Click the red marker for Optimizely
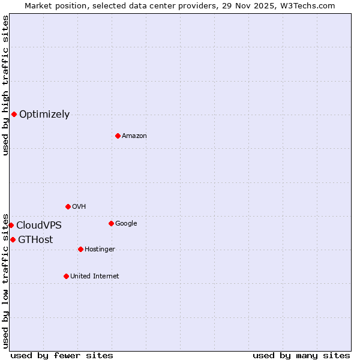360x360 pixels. point(14,114)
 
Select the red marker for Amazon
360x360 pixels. point(118,136)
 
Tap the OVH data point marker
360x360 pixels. point(68,206)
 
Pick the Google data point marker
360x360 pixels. point(111,223)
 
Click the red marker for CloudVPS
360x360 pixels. point(11,225)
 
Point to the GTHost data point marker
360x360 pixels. point(13,239)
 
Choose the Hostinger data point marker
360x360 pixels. point(80,249)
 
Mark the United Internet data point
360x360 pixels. point(66,276)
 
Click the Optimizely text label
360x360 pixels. point(44,115)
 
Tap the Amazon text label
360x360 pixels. point(134,136)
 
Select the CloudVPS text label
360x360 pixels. point(39,226)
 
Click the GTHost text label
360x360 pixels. point(35,240)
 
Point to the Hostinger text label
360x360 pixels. point(100,250)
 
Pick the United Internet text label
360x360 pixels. point(94,277)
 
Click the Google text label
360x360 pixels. point(126,224)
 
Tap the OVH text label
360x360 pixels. point(79,207)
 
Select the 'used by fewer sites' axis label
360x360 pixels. point(62,355)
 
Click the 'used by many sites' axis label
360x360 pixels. point(301,355)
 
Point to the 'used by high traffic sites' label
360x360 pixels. point(6,85)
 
